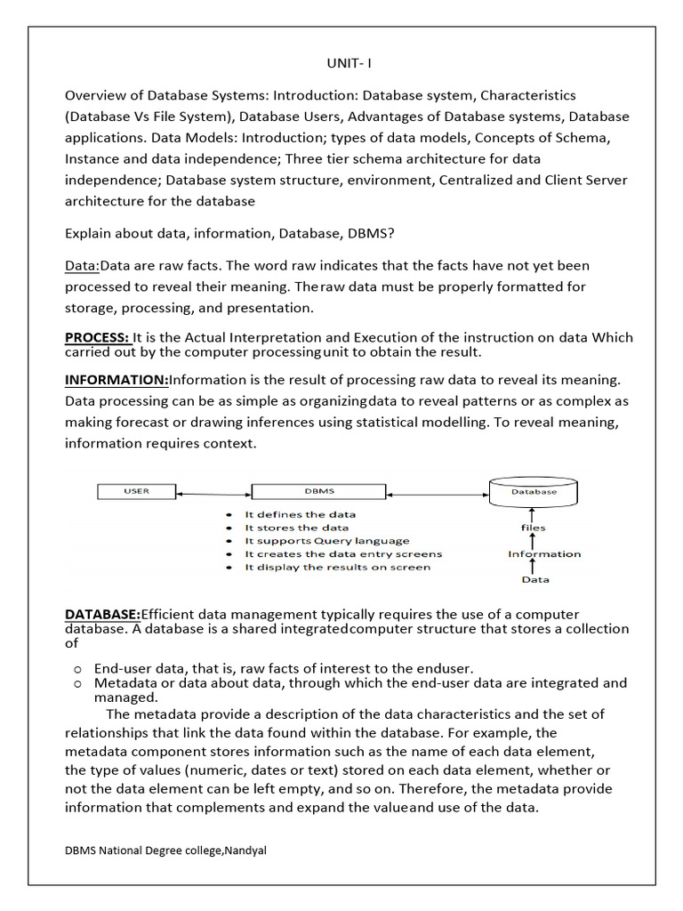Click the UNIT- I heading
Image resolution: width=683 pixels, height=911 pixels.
point(341,63)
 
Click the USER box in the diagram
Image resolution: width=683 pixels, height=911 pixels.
point(136,491)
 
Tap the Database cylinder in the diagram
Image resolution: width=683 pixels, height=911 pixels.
point(534,490)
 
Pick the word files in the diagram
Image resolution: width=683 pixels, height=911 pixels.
point(534,528)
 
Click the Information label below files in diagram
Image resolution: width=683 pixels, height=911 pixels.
point(544,553)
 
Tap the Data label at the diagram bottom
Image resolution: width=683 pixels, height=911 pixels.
point(534,579)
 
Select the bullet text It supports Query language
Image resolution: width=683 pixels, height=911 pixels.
point(327,540)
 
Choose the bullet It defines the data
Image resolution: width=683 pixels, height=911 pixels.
point(300,514)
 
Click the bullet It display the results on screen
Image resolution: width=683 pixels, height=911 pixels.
point(337,567)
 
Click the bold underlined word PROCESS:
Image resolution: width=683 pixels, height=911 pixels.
point(97,337)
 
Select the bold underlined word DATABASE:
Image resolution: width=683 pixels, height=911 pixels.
point(102,614)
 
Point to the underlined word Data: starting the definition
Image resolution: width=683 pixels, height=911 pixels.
point(82,265)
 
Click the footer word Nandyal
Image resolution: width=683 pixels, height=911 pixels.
point(245,850)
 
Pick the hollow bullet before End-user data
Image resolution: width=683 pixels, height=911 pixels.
point(78,668)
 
